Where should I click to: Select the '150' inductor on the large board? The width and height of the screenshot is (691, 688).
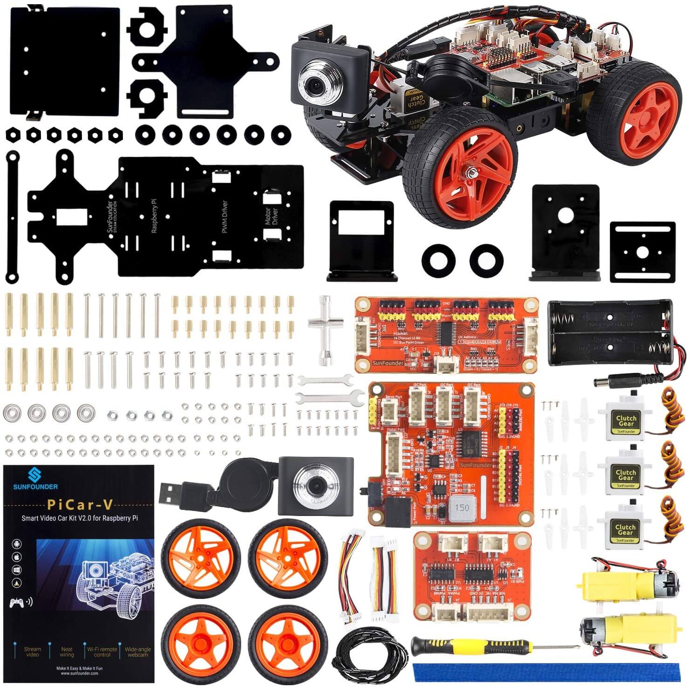click(x=462, y=507)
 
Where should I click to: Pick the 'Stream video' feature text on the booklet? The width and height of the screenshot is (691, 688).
click(x=33, y=652)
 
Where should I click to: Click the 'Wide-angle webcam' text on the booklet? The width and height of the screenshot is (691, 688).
click(x=137, y=652)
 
